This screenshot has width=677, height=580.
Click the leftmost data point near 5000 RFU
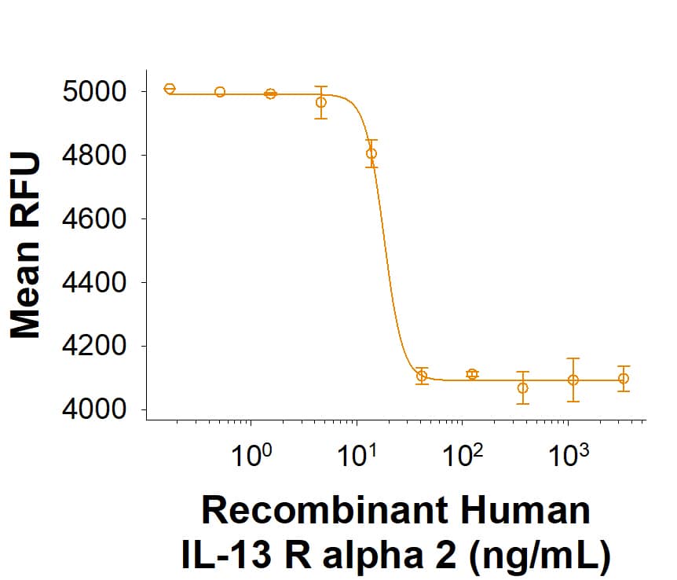[x=170, y=89]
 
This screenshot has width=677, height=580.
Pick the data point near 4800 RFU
[x=371, y=153]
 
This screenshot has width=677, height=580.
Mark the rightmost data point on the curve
[x=624, y=378]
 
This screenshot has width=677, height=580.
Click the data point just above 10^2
[x=472, y=374]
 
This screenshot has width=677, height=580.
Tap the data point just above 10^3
[x=573, y=380]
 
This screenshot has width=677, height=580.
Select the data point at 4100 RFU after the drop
[x=422, y=376]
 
